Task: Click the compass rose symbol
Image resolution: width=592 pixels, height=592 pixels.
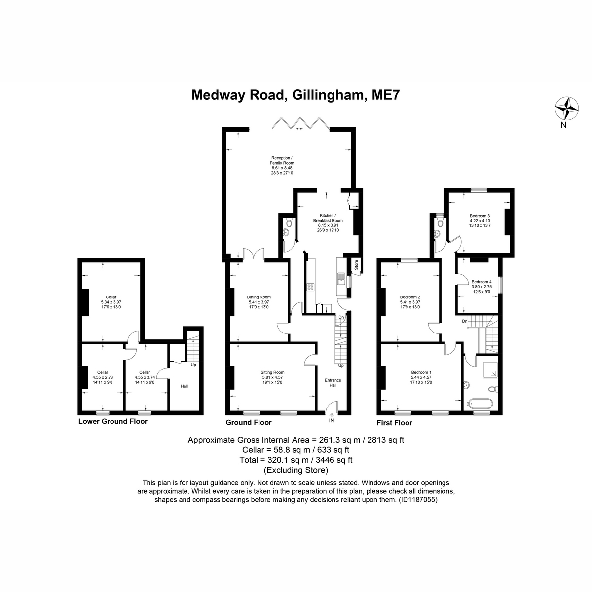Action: coord(566,109)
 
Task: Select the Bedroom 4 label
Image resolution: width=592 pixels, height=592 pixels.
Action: coord(481,287)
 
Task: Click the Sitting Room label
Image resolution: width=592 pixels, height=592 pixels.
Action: coord(272,377)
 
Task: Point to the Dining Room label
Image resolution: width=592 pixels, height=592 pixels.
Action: coord(259,302)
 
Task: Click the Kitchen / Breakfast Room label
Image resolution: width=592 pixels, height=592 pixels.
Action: coord(328,222)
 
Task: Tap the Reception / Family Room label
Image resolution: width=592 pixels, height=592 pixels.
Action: coord(282,165)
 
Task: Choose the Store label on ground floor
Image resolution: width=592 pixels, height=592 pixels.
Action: coord(356,265)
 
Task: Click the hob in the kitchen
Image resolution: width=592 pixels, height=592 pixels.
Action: coord(310,287)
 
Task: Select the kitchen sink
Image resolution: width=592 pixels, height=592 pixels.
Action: coord(341,279)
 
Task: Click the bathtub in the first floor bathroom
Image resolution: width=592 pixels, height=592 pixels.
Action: coord(480,403)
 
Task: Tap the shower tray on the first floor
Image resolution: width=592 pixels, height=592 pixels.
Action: coord(490,370)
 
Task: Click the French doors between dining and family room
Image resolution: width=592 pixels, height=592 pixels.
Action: coord(254,255)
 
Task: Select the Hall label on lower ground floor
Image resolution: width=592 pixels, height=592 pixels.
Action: coord(184,386)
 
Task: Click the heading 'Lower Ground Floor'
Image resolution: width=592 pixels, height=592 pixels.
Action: coord(113,421)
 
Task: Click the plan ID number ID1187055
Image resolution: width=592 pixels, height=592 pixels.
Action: coord(418,499)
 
